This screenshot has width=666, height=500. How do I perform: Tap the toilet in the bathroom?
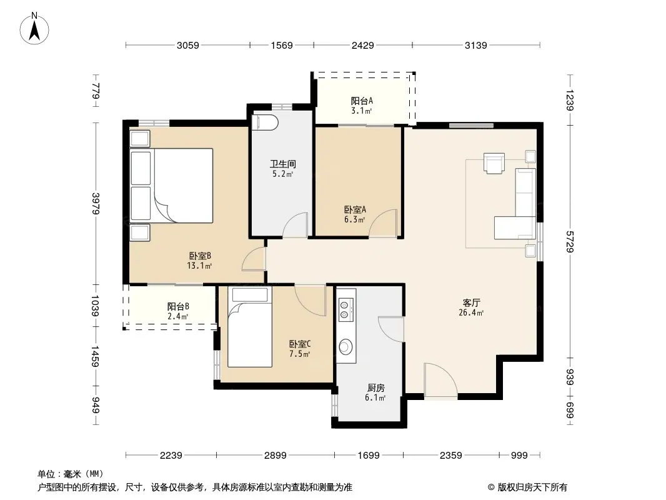point(265,122)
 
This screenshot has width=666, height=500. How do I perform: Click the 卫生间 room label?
point(283,164)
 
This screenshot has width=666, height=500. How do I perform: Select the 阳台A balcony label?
point(362,101)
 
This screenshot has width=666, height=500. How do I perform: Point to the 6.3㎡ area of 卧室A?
point(355,219)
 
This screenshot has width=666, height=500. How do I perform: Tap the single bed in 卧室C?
point(250,327)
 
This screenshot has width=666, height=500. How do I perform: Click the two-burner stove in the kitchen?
point(344,309)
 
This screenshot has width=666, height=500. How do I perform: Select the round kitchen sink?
point(345,347)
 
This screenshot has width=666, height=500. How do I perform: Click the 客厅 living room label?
point(471,303)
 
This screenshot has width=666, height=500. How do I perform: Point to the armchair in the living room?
point(494,163)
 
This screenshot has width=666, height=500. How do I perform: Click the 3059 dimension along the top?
point(187,45)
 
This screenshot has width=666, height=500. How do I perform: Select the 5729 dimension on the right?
point(570,242)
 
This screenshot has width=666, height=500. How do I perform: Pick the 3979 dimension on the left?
point(96,204)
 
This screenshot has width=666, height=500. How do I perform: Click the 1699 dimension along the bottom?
point(368,456)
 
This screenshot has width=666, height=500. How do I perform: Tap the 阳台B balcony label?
point(178,306)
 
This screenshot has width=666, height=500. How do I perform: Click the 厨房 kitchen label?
point(376,388)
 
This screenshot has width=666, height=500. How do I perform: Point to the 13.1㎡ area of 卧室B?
point(199,266)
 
